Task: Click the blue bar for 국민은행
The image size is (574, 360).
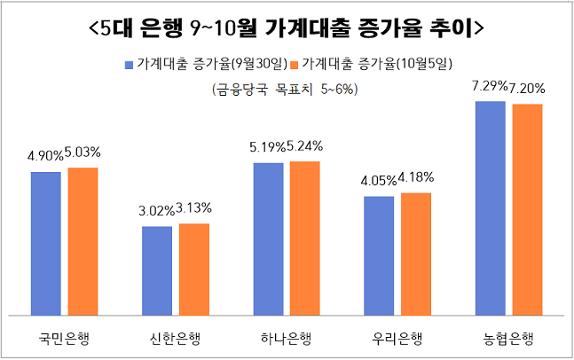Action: pyautogui.click(x=46, y=243)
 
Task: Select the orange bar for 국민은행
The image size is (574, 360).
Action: pyautogui.click(x=83, y=240)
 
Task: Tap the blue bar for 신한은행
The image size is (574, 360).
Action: pyautogui.click(x=157, y=270)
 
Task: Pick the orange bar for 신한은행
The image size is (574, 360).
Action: pyautogui.click(x=194, y=269)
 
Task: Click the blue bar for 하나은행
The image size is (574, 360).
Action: pyautogui.click(x=269, y=239)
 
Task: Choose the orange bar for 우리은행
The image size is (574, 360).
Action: pyautogui.click(x=416, y=254)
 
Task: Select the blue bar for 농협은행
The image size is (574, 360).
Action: pyautogui.click(x=490, y=207)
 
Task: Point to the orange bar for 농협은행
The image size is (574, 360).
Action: pyautogui.click(x=527, y=209)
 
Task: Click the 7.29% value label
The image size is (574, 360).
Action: pyautogui.click(x=490, y=87)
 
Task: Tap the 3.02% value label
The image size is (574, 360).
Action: pyautogui.click(x=157, y=212)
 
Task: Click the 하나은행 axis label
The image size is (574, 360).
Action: pyautogui.click(x=287, y=338)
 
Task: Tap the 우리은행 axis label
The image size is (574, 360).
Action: pyautogui.click(x=397, y=338)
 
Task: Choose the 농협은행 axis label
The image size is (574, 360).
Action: pyautogui.click(x=508, y=338)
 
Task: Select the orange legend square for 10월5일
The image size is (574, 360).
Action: pyautogui.click(x=295, y=65)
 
